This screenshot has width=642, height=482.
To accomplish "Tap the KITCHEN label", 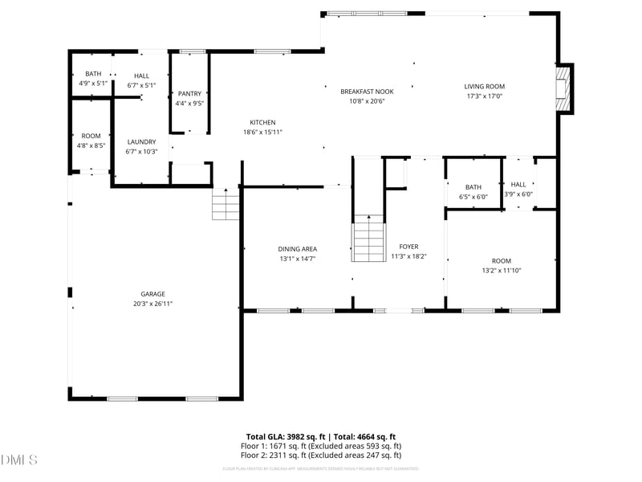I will pos(262,122).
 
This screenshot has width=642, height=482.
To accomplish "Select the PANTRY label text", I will pos(189,94).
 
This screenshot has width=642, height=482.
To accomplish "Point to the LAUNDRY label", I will pos(141,141).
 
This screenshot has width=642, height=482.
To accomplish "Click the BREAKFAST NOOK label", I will pos(367,92).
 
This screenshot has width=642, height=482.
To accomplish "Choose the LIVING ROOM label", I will pos(484,87).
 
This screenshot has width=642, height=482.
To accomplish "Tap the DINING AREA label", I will pos(297,249).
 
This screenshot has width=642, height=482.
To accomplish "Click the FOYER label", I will pos(408,247).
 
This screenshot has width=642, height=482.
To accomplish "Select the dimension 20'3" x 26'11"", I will pos(153,304).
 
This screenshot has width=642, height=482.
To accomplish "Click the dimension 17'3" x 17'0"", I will pos(484,96).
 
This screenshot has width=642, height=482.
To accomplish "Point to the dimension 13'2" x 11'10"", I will pos(502,271).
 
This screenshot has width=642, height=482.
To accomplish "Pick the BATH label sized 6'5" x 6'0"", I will pos(473,187).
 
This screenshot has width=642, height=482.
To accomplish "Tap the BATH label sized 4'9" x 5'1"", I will pos(93,74).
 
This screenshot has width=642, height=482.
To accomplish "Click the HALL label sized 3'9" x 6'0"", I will pos(518,184).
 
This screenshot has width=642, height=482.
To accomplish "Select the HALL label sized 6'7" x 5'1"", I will pos(141,76).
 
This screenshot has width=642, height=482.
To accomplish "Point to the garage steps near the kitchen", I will pos(226,205).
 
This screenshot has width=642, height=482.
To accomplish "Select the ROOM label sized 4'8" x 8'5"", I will pos(91,136).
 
